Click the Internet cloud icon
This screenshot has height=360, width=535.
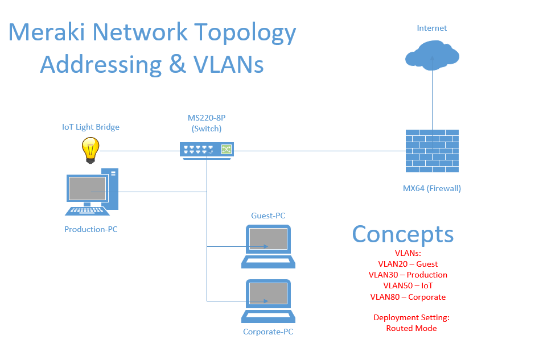tap(432, 55)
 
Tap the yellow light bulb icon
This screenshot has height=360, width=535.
tap(90, 150)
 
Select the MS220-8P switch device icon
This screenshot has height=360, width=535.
tap(207, 151)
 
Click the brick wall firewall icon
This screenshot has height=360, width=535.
tap(432, 151)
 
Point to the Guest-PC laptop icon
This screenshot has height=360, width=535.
tap(268, 246)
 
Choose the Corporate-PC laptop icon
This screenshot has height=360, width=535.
tap(268, 301)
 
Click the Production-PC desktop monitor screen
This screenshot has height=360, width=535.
tap(87, 188)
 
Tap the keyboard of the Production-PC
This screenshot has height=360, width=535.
tap(87, 211)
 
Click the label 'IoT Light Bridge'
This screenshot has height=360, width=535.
tap(90, 127)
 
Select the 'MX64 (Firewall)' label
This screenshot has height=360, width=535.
tap(432, 188)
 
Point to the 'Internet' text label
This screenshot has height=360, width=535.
tap(431, 28)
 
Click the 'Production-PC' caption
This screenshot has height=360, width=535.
tap(90, 229)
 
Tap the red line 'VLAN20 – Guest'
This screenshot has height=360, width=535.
tap(408, 264)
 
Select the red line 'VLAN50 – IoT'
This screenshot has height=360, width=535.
tap(408, 285)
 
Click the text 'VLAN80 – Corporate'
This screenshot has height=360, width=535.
tap(408, 297)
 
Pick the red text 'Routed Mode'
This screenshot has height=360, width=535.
tap(411, 328)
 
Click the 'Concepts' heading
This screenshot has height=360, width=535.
tap(403, 234)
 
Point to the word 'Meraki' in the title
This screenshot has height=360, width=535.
tap(47, 32)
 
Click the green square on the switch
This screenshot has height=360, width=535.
tap(227, 149)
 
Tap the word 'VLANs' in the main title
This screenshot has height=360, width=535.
tap(229, 64)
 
